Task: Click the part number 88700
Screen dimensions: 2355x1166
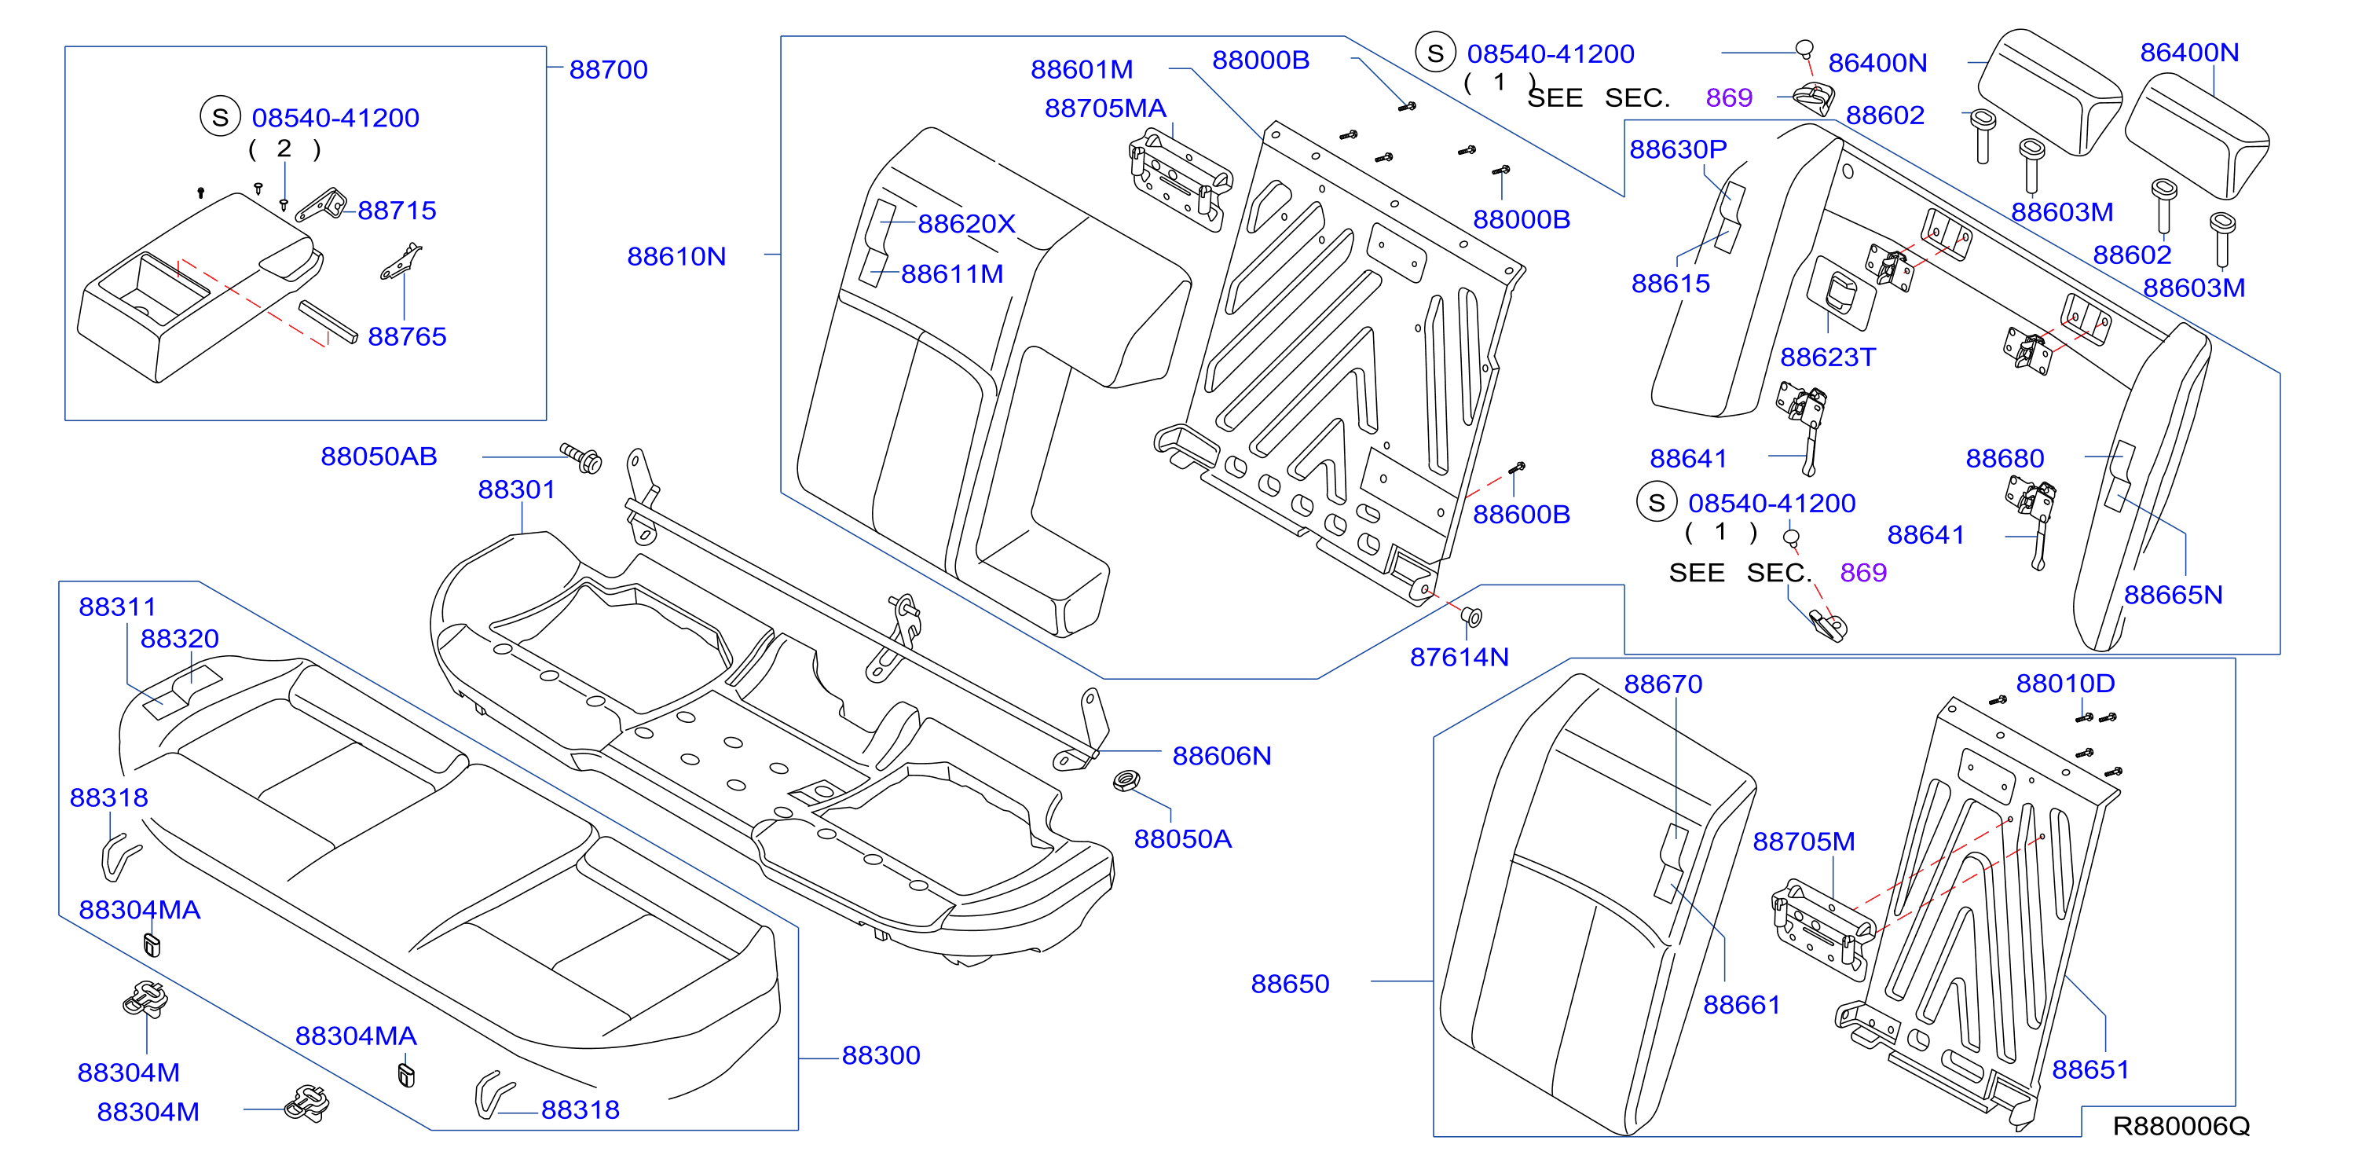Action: click(x=608, y=69)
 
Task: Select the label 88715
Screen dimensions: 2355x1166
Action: click(x=397, y=211)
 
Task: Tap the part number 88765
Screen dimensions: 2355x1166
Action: click(x=407, y=336)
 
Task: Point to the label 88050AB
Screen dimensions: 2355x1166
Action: click(x=379, y=456)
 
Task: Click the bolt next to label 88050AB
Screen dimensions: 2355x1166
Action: click(x=581, y=458)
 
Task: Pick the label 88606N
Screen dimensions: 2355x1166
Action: click(x=1221, y=757)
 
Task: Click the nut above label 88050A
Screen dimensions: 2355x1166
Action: click(x=1126, y=781)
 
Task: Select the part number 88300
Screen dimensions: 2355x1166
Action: click(x=881, y=1055)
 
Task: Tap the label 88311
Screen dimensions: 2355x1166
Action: click(x=117, y=607)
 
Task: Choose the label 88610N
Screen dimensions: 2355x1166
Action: click(x=676, y=257)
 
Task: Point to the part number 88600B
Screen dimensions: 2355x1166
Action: click(x=1522, y=515)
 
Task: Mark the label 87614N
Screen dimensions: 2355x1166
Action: click(x=1459, y=658)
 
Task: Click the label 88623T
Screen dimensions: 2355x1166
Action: click(x=1827, y=357)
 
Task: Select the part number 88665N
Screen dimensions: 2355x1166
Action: click(x=2173, y=596)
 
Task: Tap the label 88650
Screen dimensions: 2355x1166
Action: click(x=1290, y=984)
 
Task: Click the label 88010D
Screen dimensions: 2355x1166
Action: click(x=2065, y=683)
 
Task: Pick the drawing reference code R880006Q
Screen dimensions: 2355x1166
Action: click(x=2181, y=1126)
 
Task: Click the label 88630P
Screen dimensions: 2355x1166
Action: click(x=1678, y=149)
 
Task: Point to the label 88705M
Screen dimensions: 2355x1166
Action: click(x=1804, y=841)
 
